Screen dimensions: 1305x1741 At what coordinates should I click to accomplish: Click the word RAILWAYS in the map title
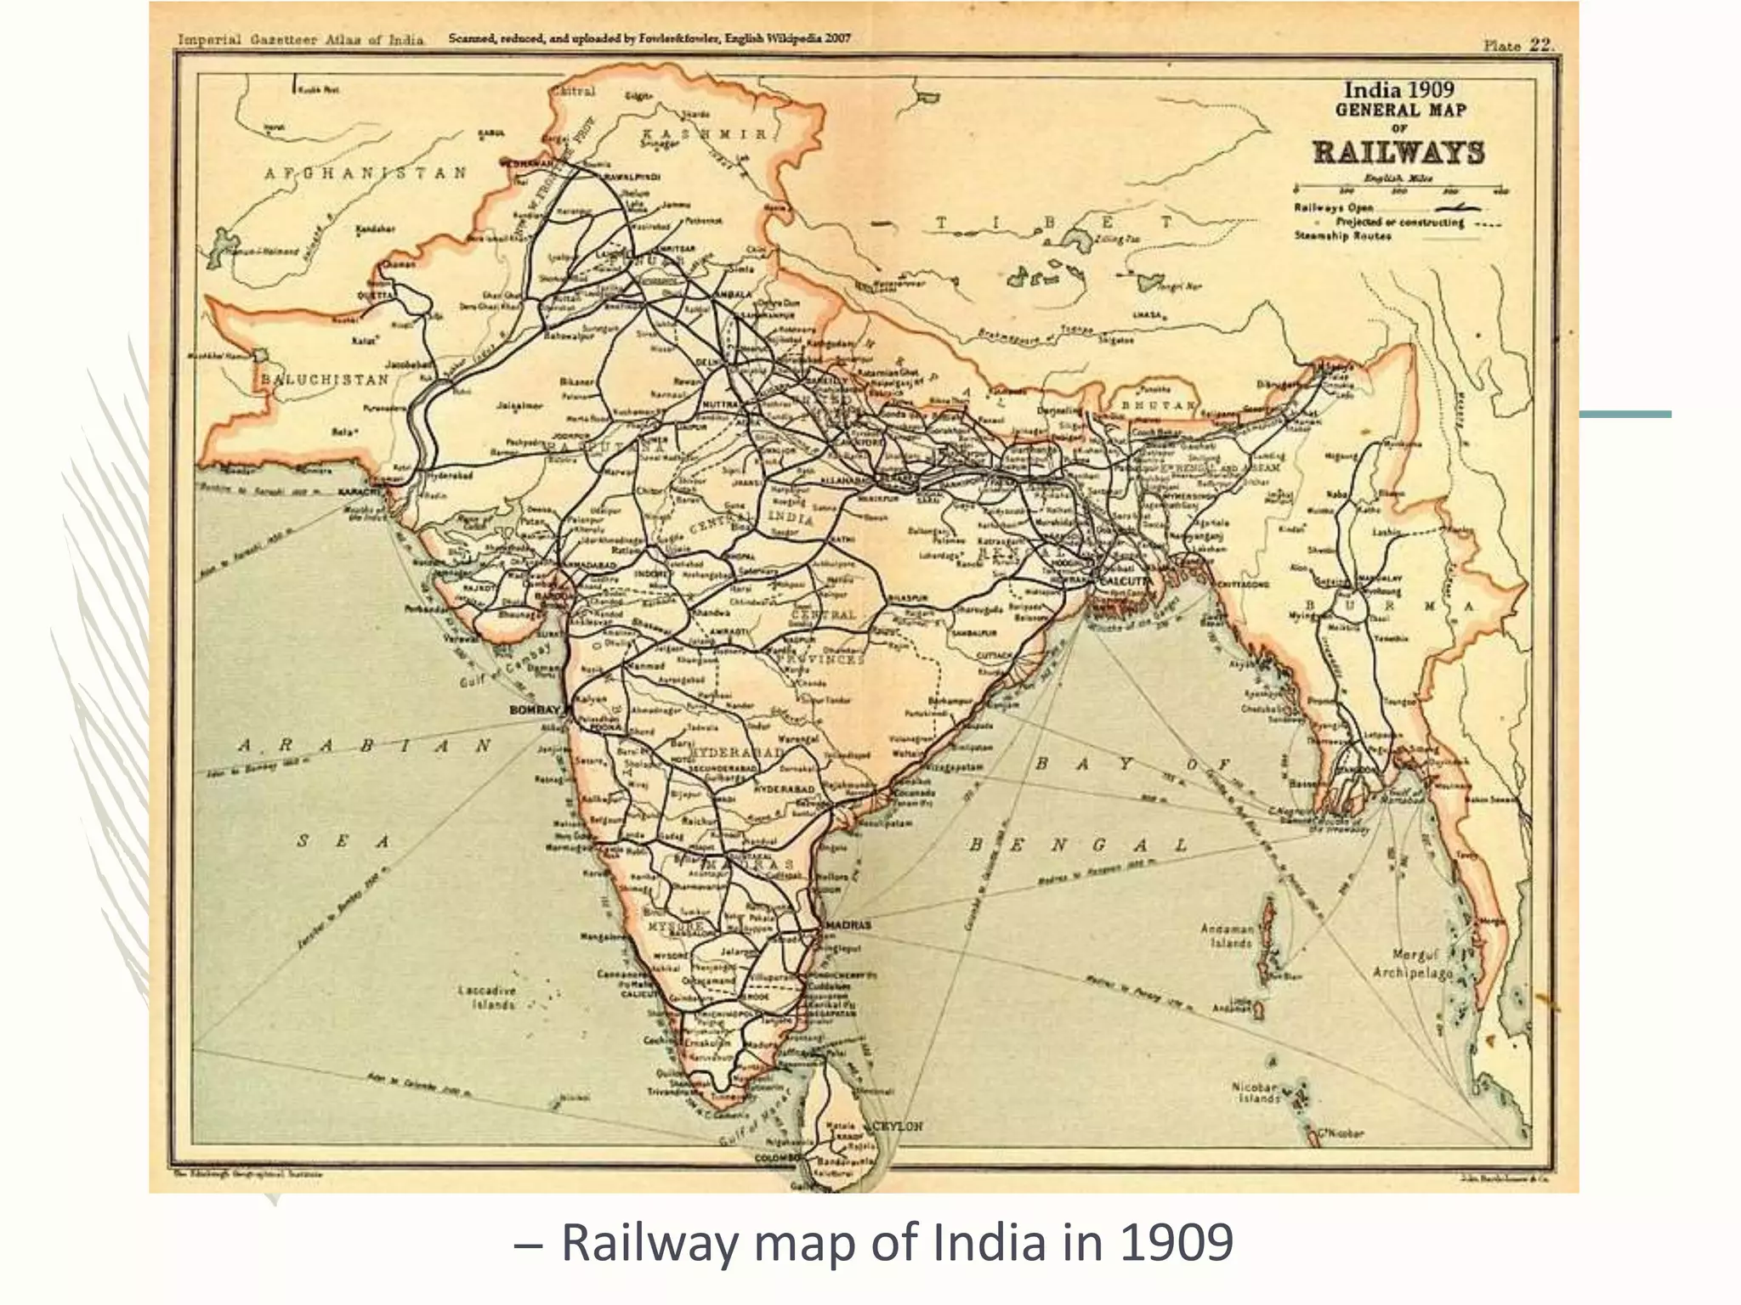click(x=1398, y=153)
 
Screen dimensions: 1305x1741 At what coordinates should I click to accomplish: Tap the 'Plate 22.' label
click(x=1517, y=45)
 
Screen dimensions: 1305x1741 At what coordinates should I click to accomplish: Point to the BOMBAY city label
click(x=535, y=709)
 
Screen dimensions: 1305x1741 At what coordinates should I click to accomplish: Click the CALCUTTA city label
click(x=1125, y=580)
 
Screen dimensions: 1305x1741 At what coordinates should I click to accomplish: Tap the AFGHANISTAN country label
click(x=366, y=173)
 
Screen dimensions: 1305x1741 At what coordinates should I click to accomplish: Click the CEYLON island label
click(x=898, y=1126)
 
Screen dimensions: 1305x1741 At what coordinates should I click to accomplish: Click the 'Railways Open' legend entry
click(x=1333, y=207)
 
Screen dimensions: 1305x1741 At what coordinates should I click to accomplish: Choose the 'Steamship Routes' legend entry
click(x=1342, y=235)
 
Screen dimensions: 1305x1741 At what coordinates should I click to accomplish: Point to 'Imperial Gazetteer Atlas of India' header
click(x=300, y=40)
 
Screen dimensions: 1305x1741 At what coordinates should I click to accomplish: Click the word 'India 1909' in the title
click(x=1398, y=90)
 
